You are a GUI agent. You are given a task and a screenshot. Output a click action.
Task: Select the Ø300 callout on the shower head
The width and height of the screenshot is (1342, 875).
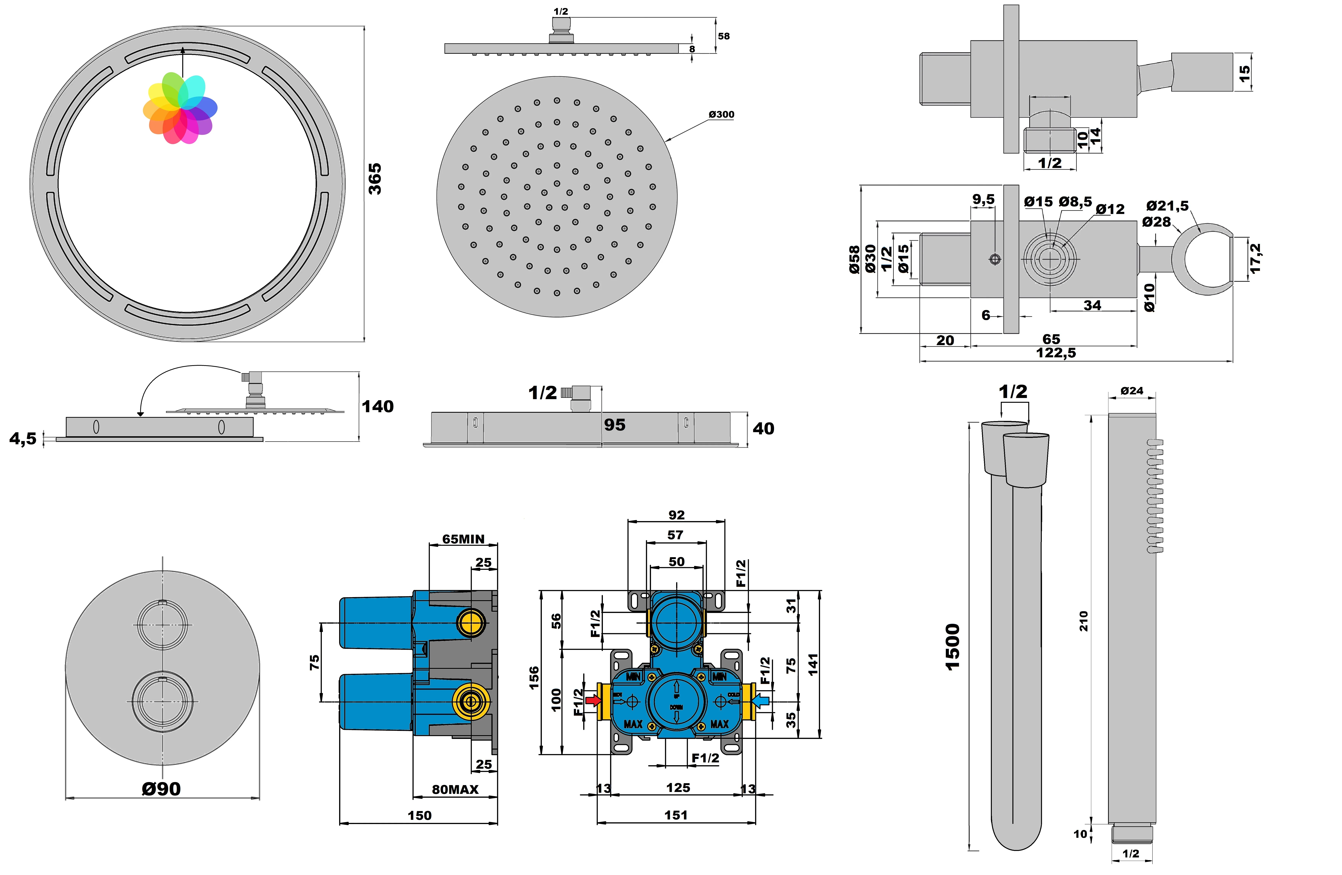point(721,115)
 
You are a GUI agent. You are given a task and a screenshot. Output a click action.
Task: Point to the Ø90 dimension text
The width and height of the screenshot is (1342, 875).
point(161,789)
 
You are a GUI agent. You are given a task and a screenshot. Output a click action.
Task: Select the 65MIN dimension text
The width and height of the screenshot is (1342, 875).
point(463,539)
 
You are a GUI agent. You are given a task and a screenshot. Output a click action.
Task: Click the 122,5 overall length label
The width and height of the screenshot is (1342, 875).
point(1056,353)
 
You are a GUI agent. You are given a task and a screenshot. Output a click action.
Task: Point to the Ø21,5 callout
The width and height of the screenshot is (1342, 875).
point(1167,205)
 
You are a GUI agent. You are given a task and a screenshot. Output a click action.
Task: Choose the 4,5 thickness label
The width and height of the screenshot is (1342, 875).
point(23,438)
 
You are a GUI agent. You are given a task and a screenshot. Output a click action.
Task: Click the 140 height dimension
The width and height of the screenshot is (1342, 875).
point(377,406)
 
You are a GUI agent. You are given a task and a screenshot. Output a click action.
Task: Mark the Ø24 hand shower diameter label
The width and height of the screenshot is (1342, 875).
point(1132,390)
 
